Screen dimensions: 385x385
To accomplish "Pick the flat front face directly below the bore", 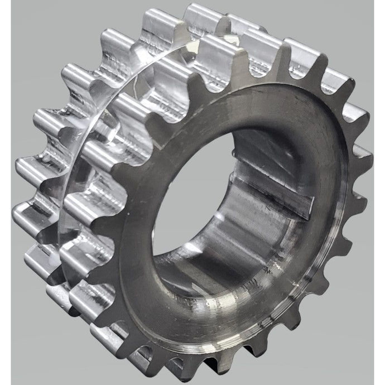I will pyautogui.click(x=240, y=329).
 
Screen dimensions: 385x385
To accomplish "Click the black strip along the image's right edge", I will pyautogui.click(x=383, y=192).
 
